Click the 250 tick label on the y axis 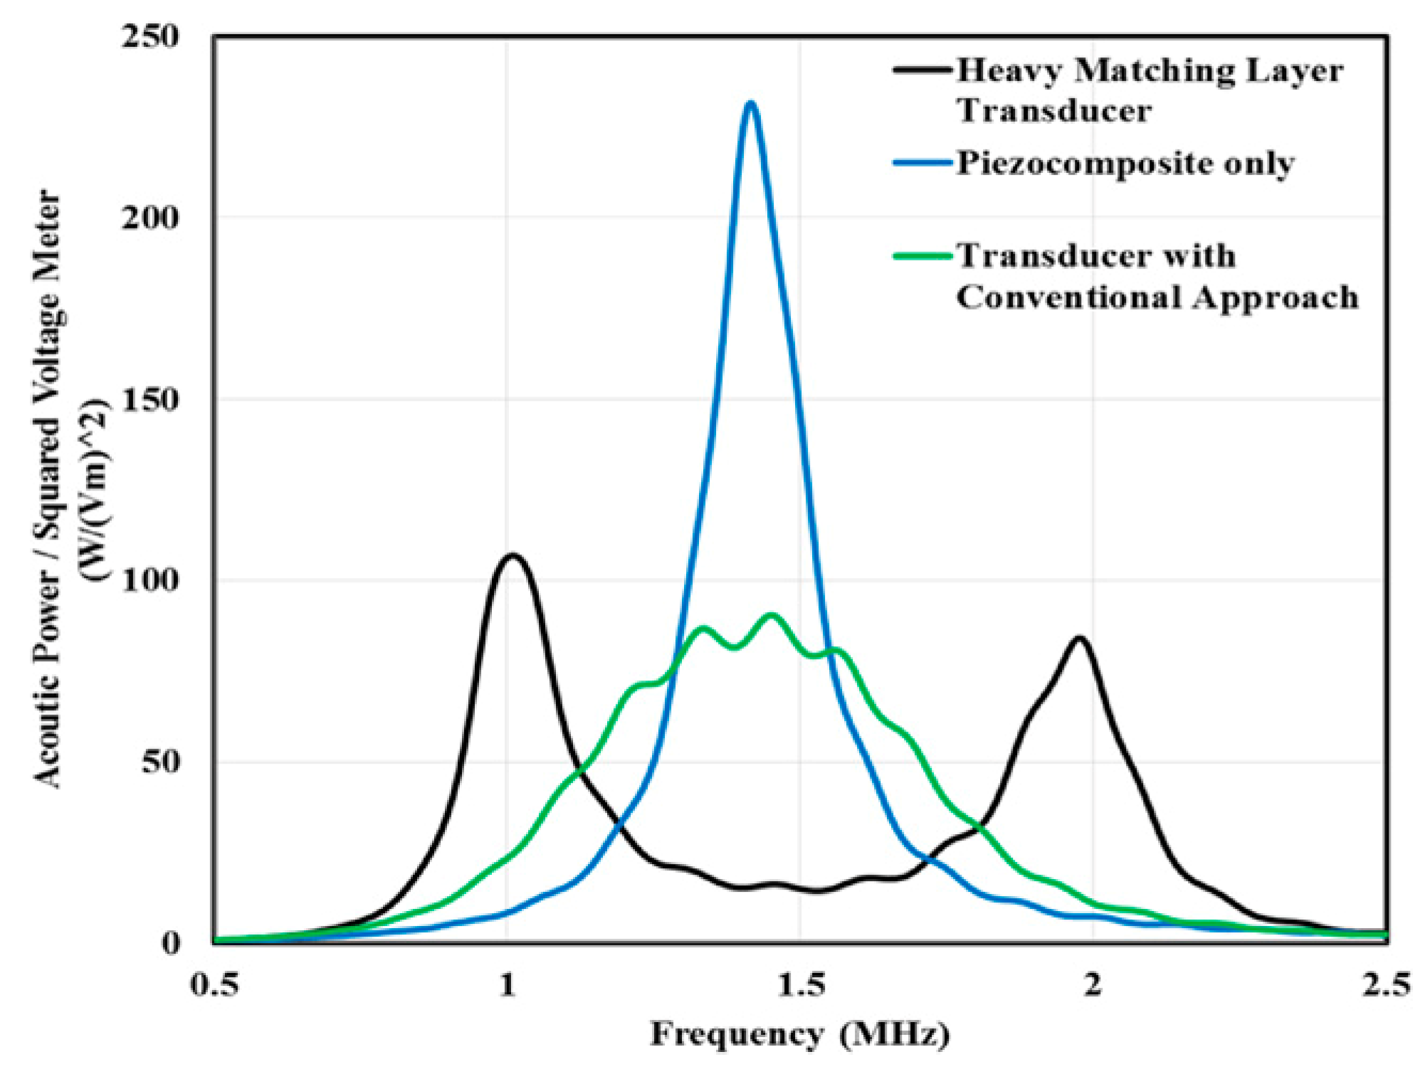coord(150,37)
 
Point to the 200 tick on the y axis coord(150,218)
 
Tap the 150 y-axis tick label coord(150,400)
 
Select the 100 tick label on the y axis coord(150,581)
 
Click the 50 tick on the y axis coord(161,762)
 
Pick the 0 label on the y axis coord(172,942)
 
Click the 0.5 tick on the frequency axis coord(214,985)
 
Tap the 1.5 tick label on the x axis coord(801,985)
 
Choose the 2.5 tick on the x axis coord(1386,985)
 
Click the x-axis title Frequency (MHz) coord(799,1033)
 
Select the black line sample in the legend coord(922,70)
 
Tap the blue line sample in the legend coord(922,163)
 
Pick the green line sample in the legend coord(922,256)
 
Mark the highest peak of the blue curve coord(750,104)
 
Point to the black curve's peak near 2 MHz coord(1080,638)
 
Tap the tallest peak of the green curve coord(771,615)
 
